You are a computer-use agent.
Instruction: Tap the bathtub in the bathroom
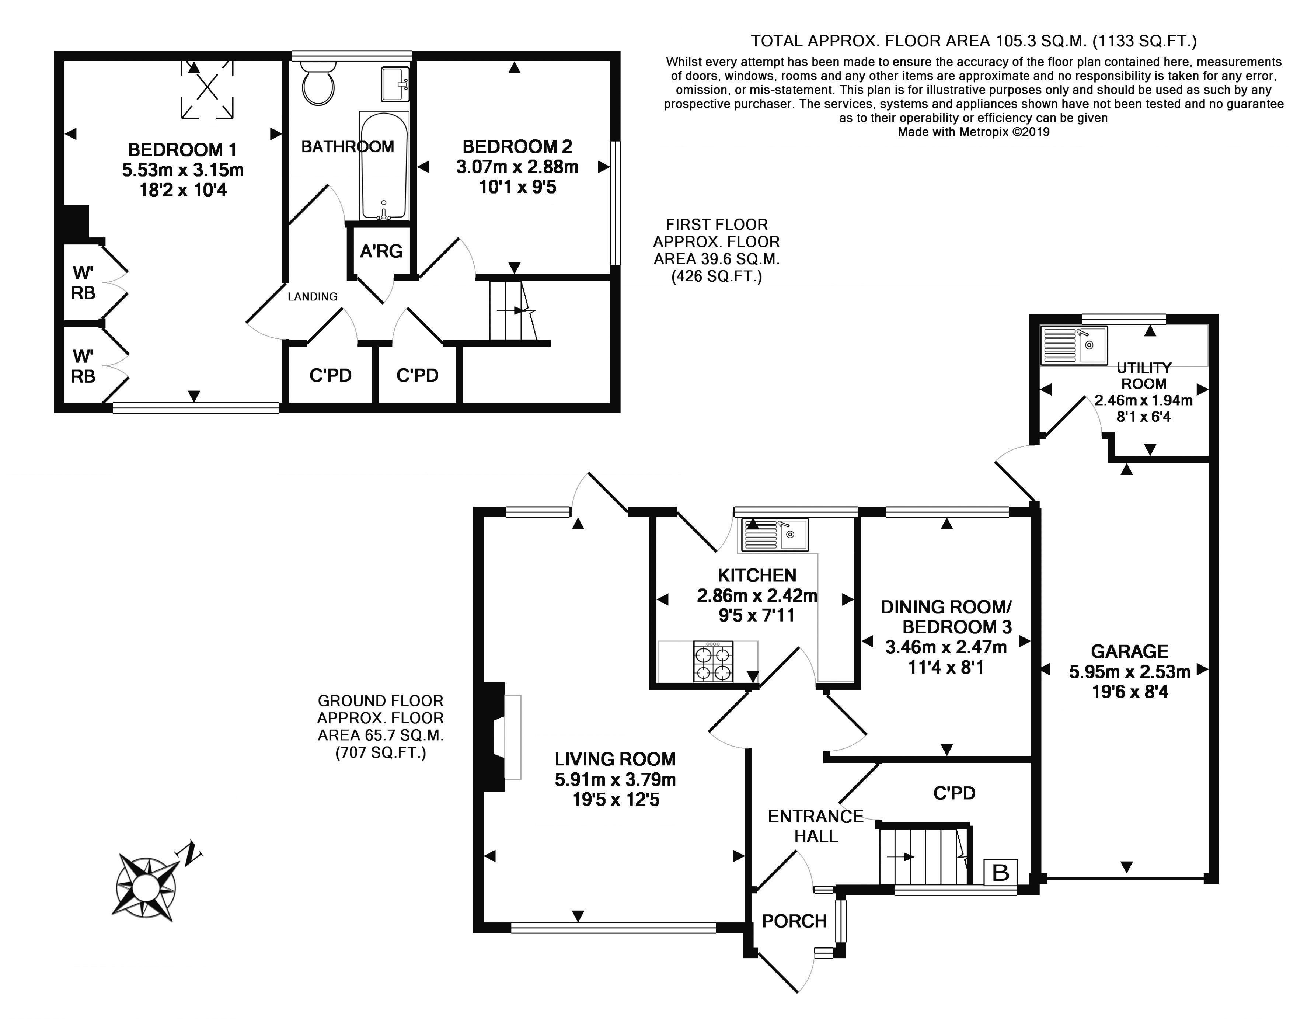384,165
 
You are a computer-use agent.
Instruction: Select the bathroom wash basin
394,84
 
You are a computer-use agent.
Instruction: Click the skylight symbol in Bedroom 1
207,88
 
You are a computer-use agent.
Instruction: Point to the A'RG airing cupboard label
381,251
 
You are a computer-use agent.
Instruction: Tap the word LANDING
313,296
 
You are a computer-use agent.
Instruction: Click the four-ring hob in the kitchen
713,661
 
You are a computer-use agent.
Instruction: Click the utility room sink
1074,345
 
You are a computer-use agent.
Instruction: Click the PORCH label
794,921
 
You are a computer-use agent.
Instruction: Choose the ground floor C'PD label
954,793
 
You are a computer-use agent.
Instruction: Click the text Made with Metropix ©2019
974,132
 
